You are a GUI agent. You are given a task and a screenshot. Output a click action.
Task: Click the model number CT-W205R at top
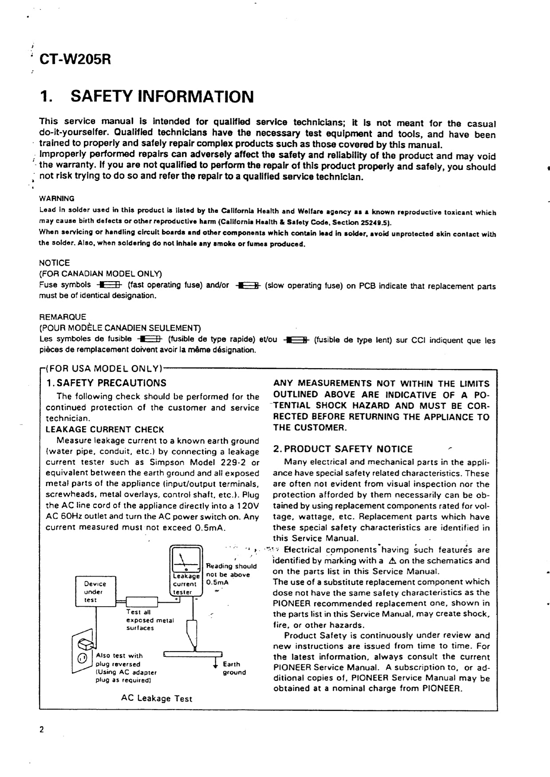(75, 59)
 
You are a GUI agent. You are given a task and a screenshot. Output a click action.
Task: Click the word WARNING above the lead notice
(57, 198)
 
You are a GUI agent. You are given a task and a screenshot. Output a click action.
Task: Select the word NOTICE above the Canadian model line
(55, 263)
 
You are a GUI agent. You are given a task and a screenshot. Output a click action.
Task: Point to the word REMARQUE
(63, 317)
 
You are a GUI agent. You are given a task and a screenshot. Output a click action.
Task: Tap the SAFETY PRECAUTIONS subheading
(107, 383)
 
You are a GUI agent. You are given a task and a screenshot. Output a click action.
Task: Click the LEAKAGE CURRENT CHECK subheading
(105, 429)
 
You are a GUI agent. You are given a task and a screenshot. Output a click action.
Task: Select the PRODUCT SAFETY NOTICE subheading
(343, 449)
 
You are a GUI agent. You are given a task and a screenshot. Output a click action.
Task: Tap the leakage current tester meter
(186, 571)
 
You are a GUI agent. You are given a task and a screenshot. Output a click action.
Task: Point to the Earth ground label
(233, 668)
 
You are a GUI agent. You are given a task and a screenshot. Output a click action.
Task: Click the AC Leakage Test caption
(157, 699)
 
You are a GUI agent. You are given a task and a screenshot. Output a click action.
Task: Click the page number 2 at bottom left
(42, 730)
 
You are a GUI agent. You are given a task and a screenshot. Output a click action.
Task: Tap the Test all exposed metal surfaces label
(150, 620)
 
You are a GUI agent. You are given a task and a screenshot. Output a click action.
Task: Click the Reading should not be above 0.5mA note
(231, 574)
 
